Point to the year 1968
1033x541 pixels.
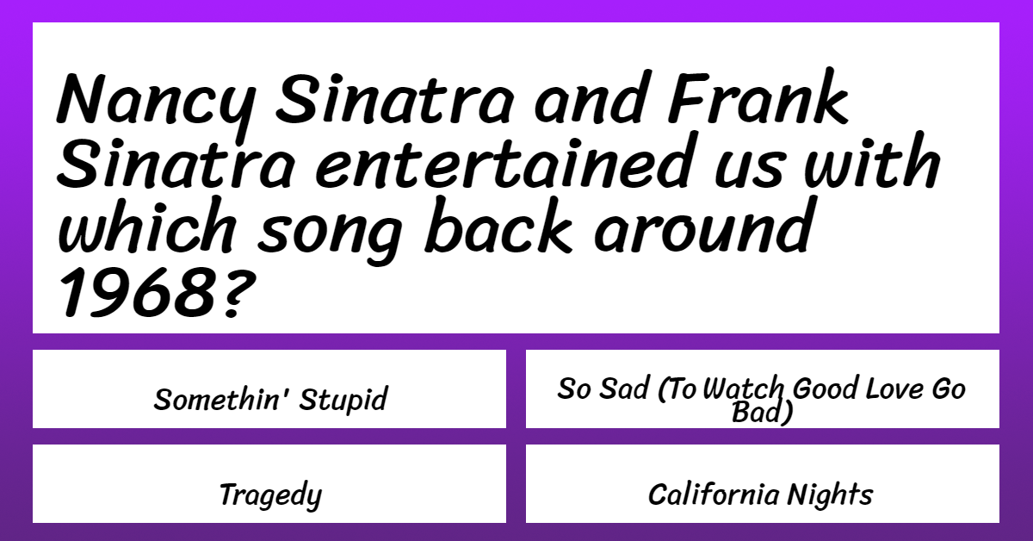(x=138, y=292)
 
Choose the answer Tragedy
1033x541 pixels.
(x=270, y=495)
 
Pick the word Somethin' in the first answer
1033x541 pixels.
(x=217, y=398)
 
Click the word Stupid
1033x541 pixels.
(x=343, y=400)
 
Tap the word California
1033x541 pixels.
(x=714, y=494)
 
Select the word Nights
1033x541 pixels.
(x=830, y=495)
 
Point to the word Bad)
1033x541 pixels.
(x=762, y=412)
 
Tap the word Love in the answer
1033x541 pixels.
(x=894, y=389)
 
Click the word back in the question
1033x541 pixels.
(x=498, y=225)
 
